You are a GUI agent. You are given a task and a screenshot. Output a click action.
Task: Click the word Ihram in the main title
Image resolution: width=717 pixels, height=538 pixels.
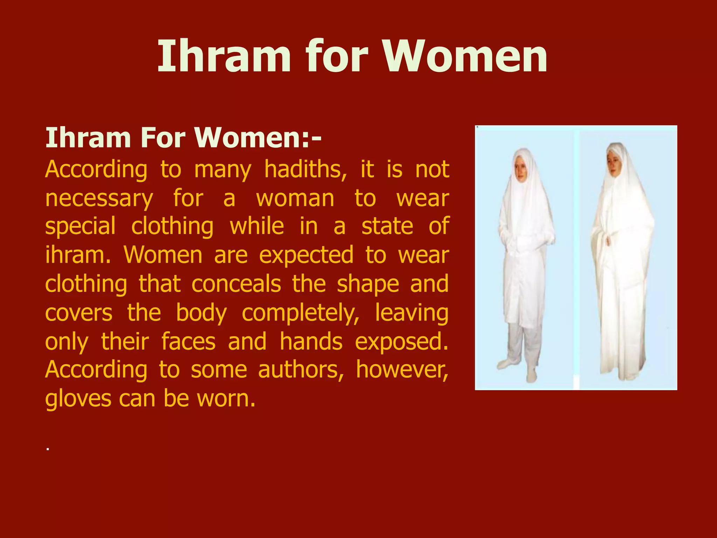click(224, 56)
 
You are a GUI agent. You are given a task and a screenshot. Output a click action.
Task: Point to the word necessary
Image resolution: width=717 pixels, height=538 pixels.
click(99, 199)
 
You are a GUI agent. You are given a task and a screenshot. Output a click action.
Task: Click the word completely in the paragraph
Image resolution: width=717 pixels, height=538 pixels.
click(300, 313)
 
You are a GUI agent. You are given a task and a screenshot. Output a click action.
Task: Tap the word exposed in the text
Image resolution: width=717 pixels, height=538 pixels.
click(401, 342)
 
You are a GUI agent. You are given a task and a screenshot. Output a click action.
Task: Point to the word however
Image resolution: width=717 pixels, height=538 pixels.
click(402, 370)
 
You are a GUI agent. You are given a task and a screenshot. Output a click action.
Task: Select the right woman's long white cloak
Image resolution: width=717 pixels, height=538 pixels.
click(621, 280)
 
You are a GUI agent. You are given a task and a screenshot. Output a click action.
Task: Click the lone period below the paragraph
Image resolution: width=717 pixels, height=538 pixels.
click(47, 449)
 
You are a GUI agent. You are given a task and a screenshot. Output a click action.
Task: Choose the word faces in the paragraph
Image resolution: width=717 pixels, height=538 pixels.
click(188, 342)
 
